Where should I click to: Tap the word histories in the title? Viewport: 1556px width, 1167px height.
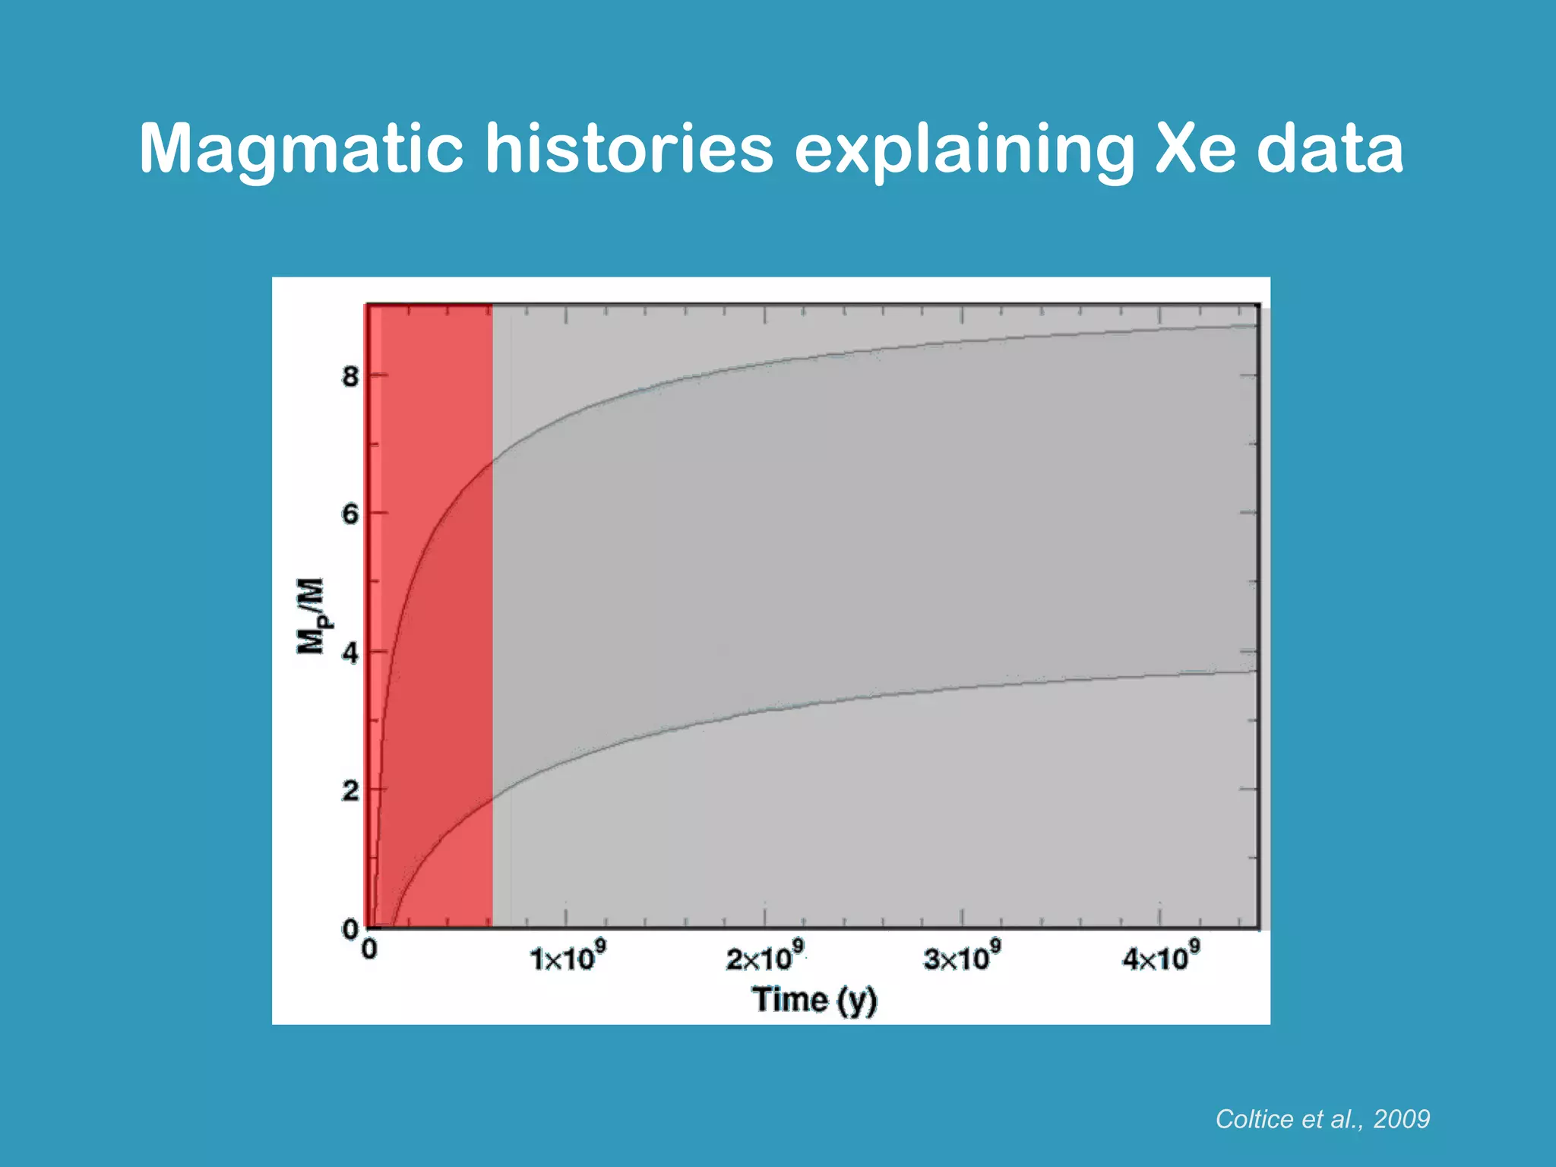629,149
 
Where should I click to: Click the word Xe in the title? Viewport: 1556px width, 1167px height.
1195,149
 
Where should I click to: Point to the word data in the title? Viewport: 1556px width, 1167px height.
1330,149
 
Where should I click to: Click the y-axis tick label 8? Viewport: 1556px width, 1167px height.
349,377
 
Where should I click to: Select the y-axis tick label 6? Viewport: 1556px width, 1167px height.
349,514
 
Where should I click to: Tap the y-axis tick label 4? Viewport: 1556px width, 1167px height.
349,653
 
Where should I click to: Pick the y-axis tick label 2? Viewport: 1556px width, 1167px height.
349,791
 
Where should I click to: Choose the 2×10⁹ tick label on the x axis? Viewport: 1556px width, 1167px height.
764,957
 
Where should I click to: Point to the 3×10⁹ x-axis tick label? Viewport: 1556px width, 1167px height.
962,957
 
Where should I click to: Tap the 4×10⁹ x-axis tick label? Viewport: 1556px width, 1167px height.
1160,957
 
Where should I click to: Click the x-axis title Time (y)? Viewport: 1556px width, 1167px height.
814,1000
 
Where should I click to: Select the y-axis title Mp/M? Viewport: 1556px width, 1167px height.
312,615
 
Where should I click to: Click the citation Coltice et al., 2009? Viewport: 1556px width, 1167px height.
1322,1119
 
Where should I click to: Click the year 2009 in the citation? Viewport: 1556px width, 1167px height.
1402,1119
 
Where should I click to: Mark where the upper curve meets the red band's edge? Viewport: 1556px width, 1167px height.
492,460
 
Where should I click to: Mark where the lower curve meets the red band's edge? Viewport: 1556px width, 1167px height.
492,798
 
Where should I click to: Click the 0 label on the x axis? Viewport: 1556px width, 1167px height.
369,950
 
